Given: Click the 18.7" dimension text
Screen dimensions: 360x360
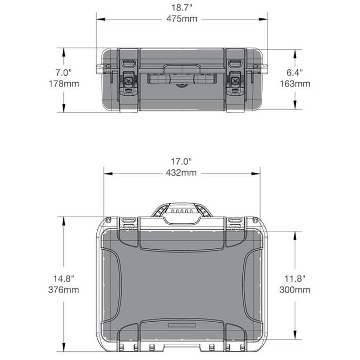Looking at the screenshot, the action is pyautogui.click(x=182, y=8).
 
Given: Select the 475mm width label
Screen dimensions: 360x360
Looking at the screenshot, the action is pyautogui.click(x=182, y=18).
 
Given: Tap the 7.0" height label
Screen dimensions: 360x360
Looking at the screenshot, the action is pyautogui.click(x=64, y=72).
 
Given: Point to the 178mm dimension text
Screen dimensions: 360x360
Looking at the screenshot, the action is pyautogui.click(x=64, y=84).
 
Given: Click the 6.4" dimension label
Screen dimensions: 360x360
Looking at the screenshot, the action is pyautogui.click(x=295, y=72).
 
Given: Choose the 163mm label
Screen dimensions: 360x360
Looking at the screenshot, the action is pyautogui.click(x=295, y=84).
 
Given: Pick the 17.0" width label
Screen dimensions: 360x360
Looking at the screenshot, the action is pyautogui.click(x=181, y=162).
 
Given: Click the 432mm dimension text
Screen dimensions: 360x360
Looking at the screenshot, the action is pyautogui.click(x=181, y=172).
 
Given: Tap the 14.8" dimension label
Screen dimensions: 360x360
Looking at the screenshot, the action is pyautogui.click(x=64, y=279).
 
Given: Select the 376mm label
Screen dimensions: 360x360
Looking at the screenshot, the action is pyautogui.click(x=64, y=290).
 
